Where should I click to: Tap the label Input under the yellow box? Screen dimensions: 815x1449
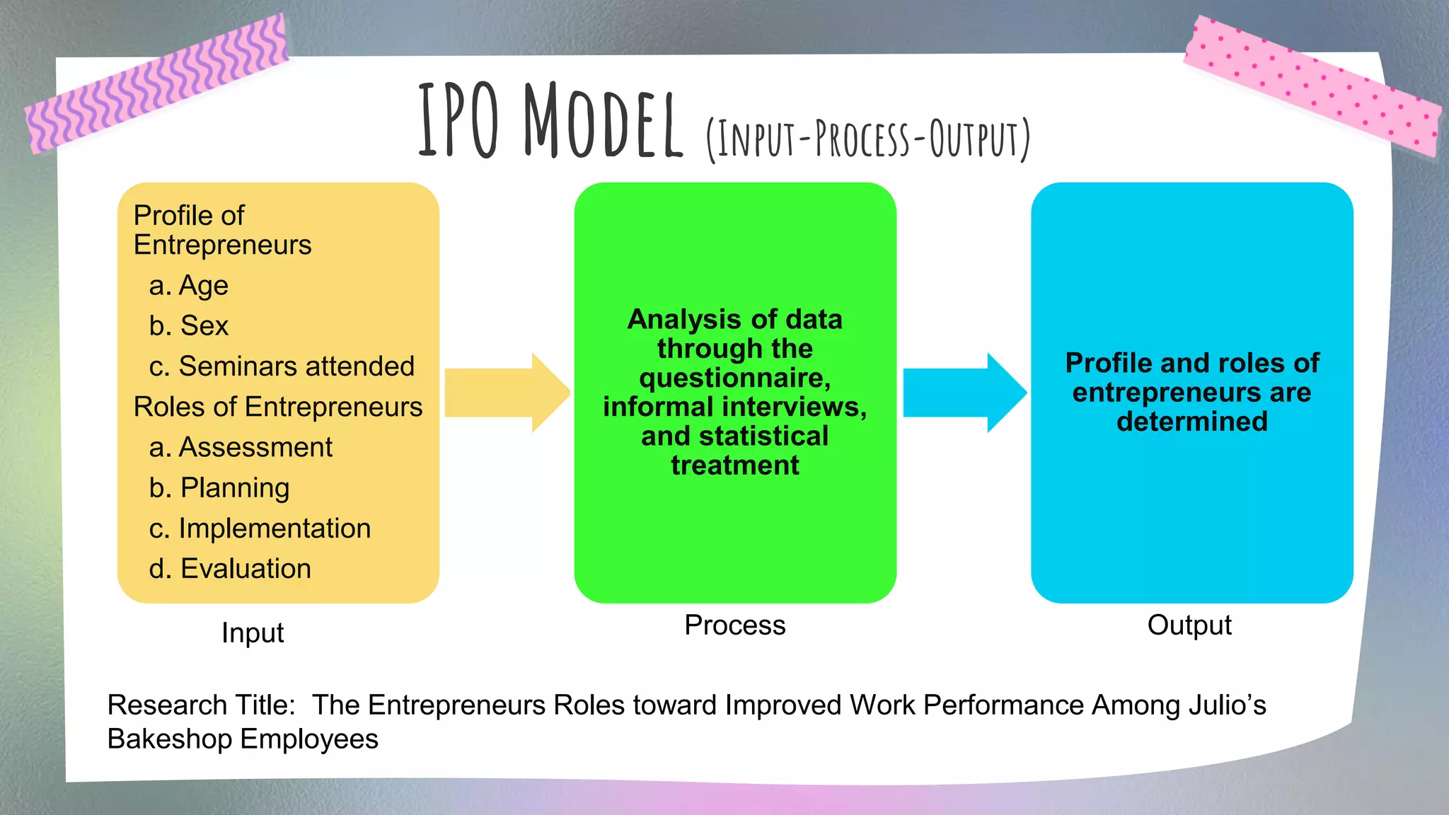point(253,632)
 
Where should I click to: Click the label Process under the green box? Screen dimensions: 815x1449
point(734,625)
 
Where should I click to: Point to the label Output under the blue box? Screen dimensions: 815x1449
point(1189,625)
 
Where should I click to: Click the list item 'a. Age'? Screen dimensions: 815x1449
point(189,286)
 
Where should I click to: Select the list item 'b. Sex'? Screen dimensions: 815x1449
point(189,326)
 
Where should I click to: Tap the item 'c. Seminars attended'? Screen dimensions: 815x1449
point(282,366)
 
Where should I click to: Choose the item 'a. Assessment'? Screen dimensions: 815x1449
point(241,448)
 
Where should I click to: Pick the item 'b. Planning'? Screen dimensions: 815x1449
point(219,488)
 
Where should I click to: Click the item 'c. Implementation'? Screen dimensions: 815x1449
point(260,528)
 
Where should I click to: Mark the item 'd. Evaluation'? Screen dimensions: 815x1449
point(230,569)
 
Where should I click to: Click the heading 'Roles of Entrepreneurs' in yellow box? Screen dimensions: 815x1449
point(278,407)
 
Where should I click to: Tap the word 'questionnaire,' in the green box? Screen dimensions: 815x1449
point(734,378)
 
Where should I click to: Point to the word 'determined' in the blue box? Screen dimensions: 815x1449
point(1191,422)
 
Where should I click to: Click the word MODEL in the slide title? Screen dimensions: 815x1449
point(603,122)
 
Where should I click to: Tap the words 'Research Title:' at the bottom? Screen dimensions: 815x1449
point(201,705)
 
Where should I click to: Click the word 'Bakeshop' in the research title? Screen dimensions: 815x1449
point(169,739)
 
